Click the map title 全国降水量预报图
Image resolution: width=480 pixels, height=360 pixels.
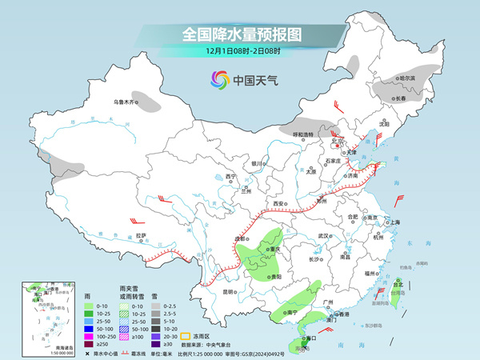239,35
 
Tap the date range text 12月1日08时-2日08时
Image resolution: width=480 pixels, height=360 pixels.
239,53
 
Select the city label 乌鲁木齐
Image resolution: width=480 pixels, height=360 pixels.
126,102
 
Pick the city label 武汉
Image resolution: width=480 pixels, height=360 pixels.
323,236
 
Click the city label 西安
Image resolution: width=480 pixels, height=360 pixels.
279,205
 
